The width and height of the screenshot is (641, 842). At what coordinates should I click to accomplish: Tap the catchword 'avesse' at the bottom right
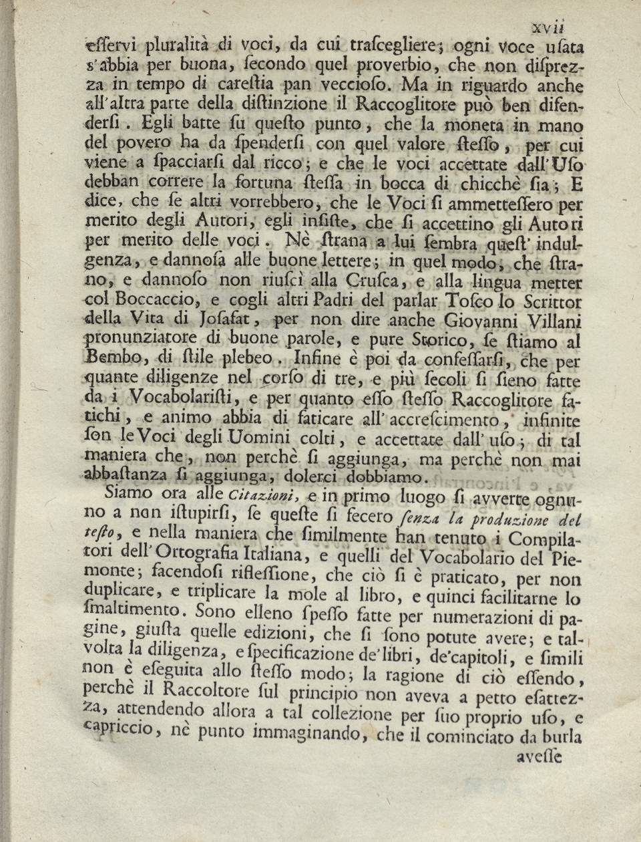[540, 757]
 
